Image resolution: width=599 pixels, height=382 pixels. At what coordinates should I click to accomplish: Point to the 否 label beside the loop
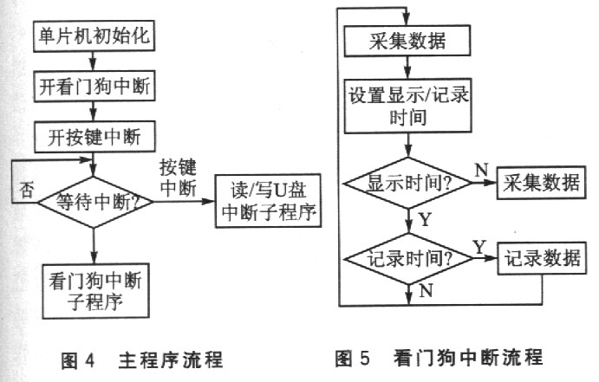(27, 191)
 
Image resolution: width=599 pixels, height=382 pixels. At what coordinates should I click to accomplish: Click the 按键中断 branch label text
(179, 176)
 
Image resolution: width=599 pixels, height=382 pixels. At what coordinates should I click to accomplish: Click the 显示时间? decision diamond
(407, 185)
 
